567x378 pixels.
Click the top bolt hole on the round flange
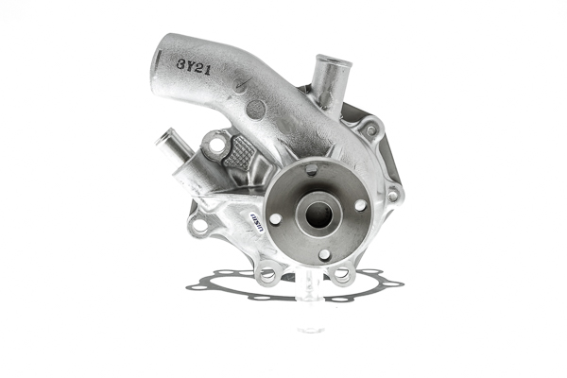(312, 171)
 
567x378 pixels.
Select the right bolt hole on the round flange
(360, 205)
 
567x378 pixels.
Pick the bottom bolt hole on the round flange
(324, 253)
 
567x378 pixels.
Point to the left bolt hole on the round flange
(275, 218)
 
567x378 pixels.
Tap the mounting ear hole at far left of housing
(198, 225)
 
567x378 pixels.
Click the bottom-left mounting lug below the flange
(267, 274)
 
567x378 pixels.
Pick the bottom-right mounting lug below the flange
(341, 275)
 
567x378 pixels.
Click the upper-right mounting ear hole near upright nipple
(371, 128)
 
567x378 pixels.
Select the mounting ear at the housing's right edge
(394, 195)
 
